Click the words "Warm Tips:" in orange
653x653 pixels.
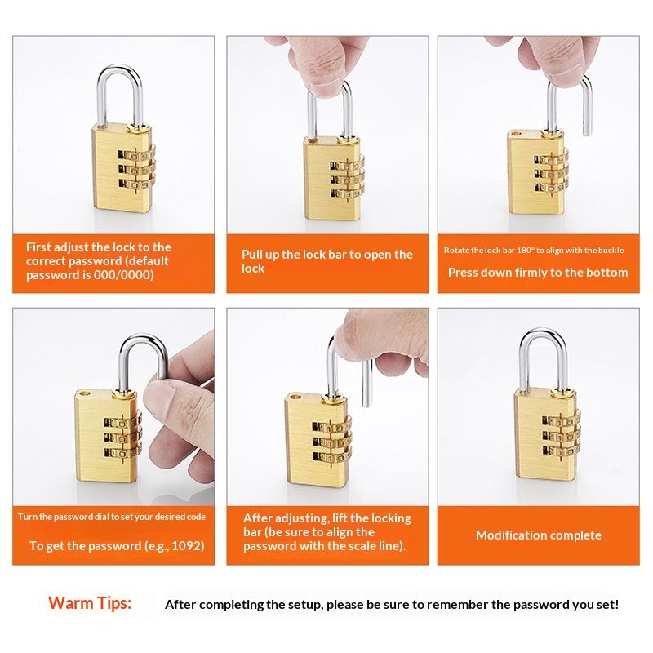point(89,603)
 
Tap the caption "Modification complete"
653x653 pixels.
point(538,535)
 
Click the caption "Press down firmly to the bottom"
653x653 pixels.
point(538,273)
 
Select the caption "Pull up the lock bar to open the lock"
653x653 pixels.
point(326,261)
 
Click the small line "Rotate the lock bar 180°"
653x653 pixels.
point(489,250)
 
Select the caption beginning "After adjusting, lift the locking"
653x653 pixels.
point(326,531)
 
